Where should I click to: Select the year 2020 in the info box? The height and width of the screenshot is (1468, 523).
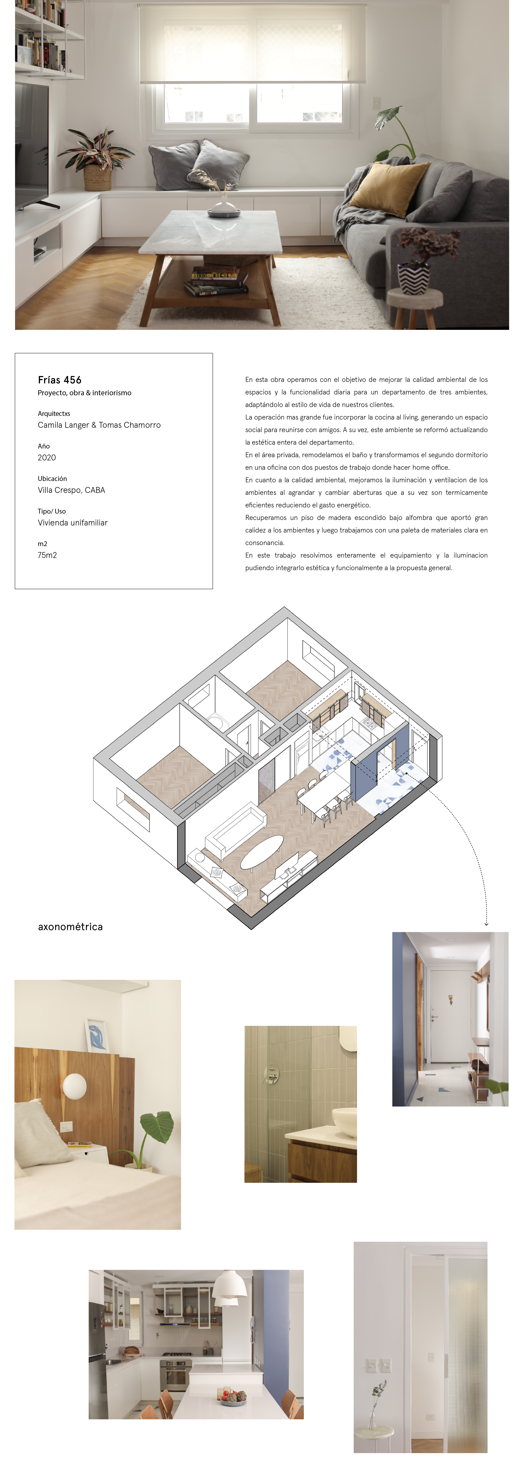[x=47, y=458]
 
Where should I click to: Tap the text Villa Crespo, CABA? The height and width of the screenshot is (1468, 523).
[x=71, y=490]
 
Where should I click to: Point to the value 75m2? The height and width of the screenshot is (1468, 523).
[x=47, y=555]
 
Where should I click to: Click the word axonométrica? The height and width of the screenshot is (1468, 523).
[x=71, y=927]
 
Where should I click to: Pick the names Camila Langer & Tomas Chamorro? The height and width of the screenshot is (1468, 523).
[x=99, y=425]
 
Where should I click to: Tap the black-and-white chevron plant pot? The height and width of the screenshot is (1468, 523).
[x=414, y=278]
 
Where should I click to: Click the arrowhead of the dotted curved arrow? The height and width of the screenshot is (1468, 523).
[x=486, y=923]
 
